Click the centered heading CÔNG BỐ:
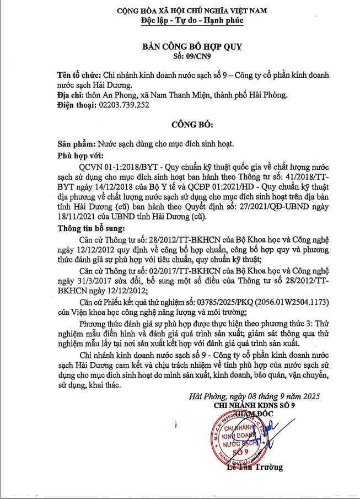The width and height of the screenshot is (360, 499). click(x=180, y=124)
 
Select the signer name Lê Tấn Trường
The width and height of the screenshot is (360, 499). click(x=255, y=467)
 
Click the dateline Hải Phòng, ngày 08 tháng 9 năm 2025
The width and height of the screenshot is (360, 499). click(x=254, y=397)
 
